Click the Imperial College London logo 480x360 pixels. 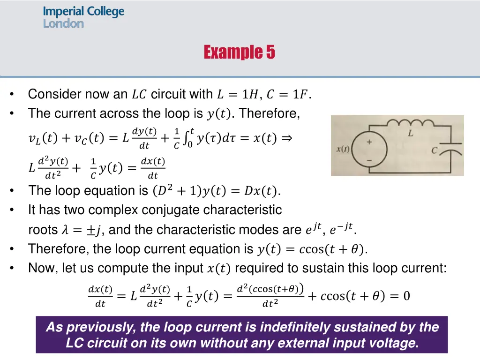pyautogui.click(x=83, y=17)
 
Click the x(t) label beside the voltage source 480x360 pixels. pyautogui.click(x=343, y=150)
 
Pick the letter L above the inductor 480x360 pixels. pyautogui.click(x=410, y=134)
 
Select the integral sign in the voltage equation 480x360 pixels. pyautogui.click(x=187, y=138)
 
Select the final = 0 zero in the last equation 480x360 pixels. pyautogui.click(x=406, y=296)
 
